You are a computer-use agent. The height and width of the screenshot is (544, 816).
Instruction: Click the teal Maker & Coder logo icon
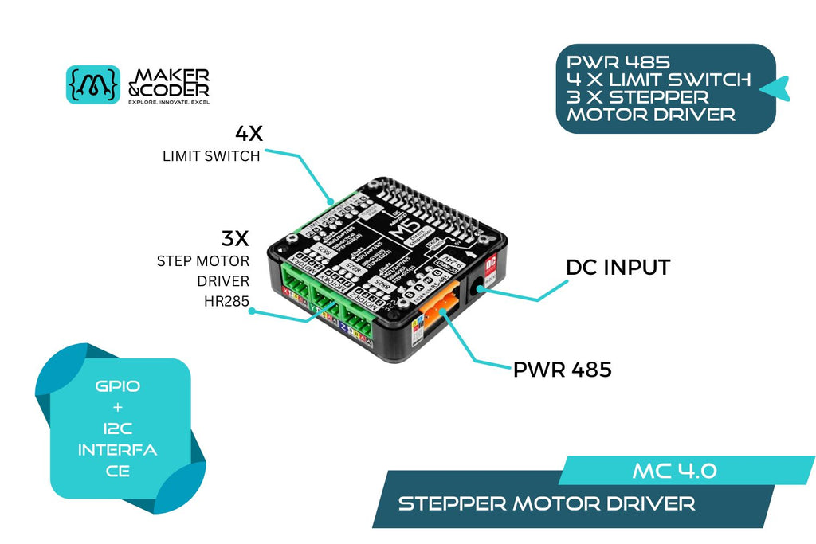pyautogui.click(x=92, y=84)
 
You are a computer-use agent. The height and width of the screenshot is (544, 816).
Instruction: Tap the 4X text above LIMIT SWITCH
pyautogui.click(x=248, y=134)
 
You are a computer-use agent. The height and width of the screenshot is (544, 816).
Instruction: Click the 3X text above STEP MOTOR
pyautogui.click(x=236, y=238)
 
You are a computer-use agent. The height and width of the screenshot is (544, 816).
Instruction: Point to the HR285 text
pyautogui.click(x=227, y=301)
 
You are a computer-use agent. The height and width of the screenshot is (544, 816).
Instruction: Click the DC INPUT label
pyautogui.click(x=618, y=268)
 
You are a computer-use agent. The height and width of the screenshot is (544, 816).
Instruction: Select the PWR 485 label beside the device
pyautogui.click(x=563, y=370)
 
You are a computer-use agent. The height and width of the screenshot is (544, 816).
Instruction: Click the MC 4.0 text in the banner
pyautogui.click(x=674, y=470)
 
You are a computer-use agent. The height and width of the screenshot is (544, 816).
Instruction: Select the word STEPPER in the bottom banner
pyautogui.click(x=452, y=503)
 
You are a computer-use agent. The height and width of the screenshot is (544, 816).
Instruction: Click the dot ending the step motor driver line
pyautogui.click(x=252, y=311)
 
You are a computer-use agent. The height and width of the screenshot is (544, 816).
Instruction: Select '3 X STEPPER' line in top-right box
pyautogui.click(x=637, y=97)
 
